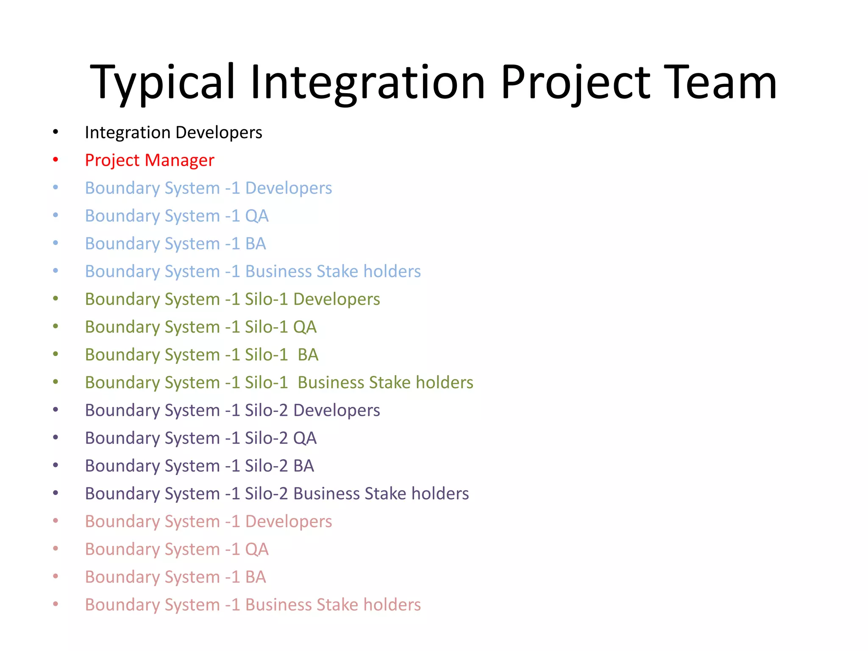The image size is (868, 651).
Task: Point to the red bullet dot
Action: click(56, 160)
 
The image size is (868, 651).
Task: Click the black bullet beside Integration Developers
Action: click(56, 132)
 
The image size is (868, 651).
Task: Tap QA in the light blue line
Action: click(257, 216)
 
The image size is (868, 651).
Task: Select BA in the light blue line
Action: click(256, 244)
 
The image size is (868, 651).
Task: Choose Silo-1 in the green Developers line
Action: click(266, 299)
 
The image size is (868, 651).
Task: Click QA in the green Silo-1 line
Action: click(305, 327)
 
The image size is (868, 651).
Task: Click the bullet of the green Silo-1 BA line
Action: click(56, 354)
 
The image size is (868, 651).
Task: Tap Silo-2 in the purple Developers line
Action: click(266, 410)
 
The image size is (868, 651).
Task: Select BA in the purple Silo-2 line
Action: click(303, 466)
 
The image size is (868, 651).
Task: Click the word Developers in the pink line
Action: click(289, 522)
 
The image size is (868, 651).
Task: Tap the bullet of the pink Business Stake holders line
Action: click(56, 604)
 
